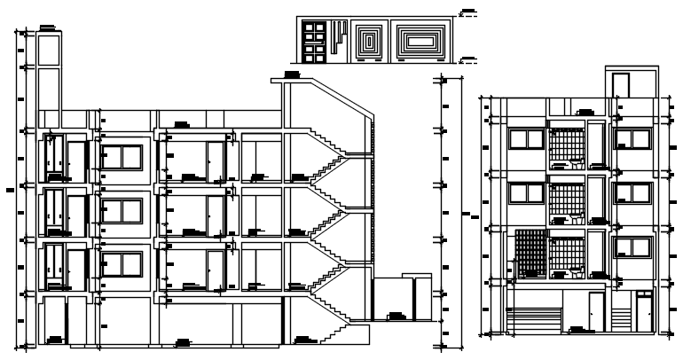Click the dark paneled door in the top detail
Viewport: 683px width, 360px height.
coord(313,41)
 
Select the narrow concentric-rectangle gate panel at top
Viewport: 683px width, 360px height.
coord(368,41)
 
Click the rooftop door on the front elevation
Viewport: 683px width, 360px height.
coord(621,85)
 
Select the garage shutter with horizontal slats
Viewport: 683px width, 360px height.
coord(533,319)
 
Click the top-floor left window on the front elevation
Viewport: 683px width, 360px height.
coord(526,138)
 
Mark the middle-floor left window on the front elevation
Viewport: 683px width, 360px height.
coord(526,193)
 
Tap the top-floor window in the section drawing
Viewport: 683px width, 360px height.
coord(122,156)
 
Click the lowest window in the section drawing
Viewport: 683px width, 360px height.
coord(122,264)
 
